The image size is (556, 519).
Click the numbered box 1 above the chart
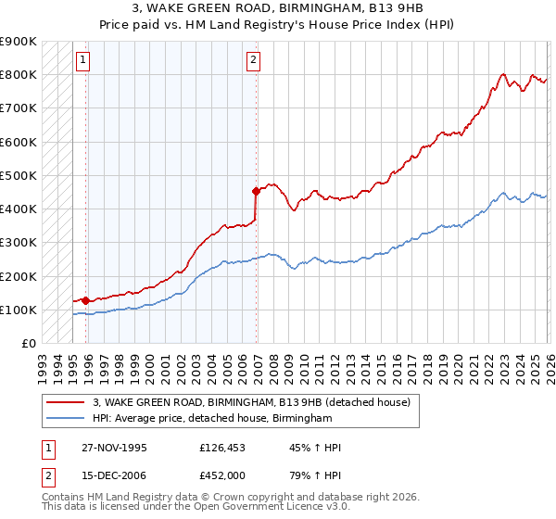(82, 60)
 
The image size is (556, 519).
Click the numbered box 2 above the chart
(253, 60)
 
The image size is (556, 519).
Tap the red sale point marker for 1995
(86, 300)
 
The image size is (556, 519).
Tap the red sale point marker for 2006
(257, 191)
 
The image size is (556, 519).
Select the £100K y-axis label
(19, 310)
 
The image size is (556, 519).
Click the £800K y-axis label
(19, 74)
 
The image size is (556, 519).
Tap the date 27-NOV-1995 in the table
(114, 448)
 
